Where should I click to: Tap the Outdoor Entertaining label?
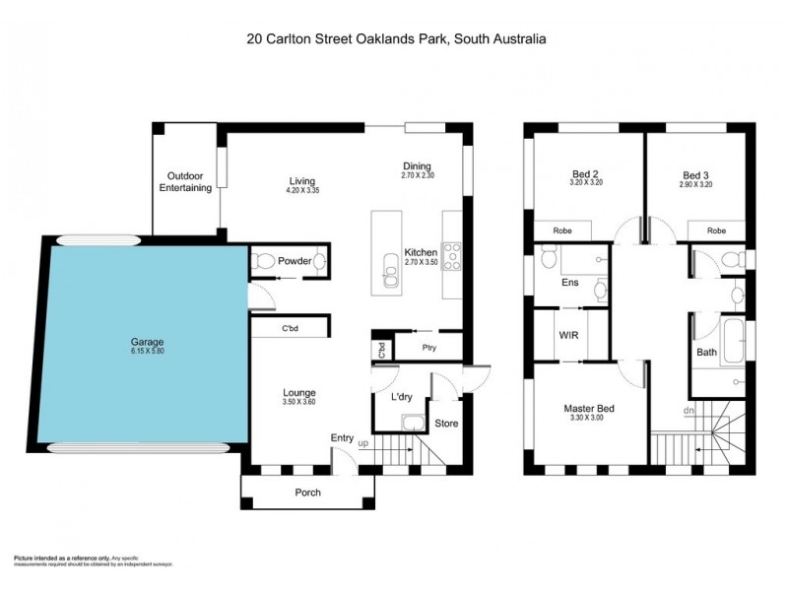click(186, 181)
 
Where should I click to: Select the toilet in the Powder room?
click(263, 263)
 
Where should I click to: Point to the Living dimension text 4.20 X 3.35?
click(301, 191)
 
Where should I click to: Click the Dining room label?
click(418, 165)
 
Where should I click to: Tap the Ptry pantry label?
click(428, 348)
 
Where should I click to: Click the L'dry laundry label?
click(402, 396)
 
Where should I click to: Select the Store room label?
click(446, 424)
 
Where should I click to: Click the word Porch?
click(308, 492)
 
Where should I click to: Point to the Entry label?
click(342, 438)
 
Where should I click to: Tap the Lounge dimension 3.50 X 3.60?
click(298, 402)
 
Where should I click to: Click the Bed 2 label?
click(586, 173)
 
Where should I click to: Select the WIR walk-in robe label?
click(568, 336)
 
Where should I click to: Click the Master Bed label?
click(589, 408)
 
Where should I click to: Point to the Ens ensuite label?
click(569, 283)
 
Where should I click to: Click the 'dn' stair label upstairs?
click(689, 411)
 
